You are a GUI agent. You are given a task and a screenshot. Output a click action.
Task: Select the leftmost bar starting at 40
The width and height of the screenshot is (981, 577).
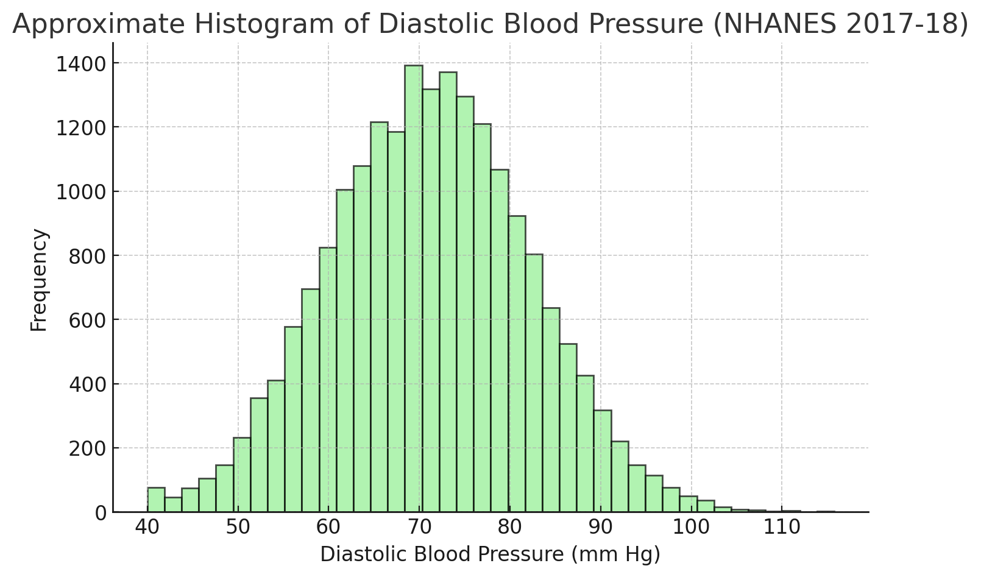[156, 500]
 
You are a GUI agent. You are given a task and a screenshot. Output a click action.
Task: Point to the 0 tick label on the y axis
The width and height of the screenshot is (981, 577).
[100, 513]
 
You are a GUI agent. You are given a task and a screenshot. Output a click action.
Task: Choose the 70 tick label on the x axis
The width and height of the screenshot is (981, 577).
[419, 528]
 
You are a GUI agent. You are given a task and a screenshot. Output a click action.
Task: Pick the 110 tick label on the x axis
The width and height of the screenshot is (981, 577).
[782, 528]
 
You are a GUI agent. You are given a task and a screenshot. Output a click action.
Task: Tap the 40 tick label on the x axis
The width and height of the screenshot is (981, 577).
[147, 528]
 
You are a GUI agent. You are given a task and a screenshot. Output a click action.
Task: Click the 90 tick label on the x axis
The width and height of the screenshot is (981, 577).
[601, 528]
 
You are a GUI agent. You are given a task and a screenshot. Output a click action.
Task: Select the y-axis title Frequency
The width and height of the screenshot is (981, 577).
[39, 280]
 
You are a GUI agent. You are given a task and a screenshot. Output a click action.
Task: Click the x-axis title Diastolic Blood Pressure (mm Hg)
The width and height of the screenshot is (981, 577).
[490, 554]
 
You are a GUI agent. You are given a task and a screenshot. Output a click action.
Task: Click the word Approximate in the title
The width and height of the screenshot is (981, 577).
[97, 24]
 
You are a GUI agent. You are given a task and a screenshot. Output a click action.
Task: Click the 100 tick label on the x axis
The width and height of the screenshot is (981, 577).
[692, 528]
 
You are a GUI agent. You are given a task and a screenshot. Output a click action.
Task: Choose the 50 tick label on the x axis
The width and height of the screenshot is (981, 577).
[238, 528]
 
